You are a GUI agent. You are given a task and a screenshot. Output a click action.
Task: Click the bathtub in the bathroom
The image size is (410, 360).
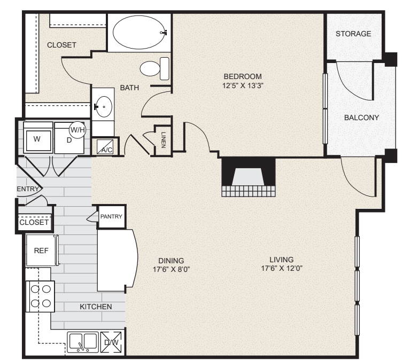coord(140,32)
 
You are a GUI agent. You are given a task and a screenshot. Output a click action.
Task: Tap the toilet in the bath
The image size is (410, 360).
coord(154,68)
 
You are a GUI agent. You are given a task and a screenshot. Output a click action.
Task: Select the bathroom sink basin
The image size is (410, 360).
coord(104,107)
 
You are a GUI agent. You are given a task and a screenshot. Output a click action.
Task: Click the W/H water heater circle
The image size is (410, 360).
coord(78,130)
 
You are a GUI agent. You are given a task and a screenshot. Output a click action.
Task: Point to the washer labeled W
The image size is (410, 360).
coord(37,138)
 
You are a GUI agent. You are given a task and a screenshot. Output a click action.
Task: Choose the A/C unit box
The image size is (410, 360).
coord(105,147)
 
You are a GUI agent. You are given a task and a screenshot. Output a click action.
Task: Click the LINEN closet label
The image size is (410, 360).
coord(164,140)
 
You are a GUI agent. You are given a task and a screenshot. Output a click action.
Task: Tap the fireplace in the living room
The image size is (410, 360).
coord(249,177)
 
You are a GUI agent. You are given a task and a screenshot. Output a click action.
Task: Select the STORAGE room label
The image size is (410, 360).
coord(353,34)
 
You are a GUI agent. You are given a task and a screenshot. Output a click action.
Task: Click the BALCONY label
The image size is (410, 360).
coord(362,118)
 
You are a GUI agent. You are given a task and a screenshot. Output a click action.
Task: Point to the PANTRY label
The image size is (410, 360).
coord(111,216)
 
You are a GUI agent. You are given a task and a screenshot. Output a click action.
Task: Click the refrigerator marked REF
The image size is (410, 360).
coord(42,251)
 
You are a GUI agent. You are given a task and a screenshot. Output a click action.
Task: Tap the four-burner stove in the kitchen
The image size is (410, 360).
coord(40,296)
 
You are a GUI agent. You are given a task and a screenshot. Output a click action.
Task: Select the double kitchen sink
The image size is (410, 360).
coord(83,342)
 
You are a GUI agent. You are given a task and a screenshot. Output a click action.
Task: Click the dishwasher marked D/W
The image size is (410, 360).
coord(111,342)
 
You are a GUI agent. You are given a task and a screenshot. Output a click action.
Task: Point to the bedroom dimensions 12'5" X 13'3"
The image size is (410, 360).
coord(243,85)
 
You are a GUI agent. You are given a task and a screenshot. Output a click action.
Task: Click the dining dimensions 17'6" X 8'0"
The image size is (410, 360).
coord(171,269)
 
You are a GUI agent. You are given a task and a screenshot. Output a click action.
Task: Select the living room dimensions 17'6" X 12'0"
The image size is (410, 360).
coord(282,268)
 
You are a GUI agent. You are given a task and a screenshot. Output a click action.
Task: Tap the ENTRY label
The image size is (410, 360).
coord(28,189)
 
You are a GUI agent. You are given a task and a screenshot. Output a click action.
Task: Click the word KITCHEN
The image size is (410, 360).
coord(96,307)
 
